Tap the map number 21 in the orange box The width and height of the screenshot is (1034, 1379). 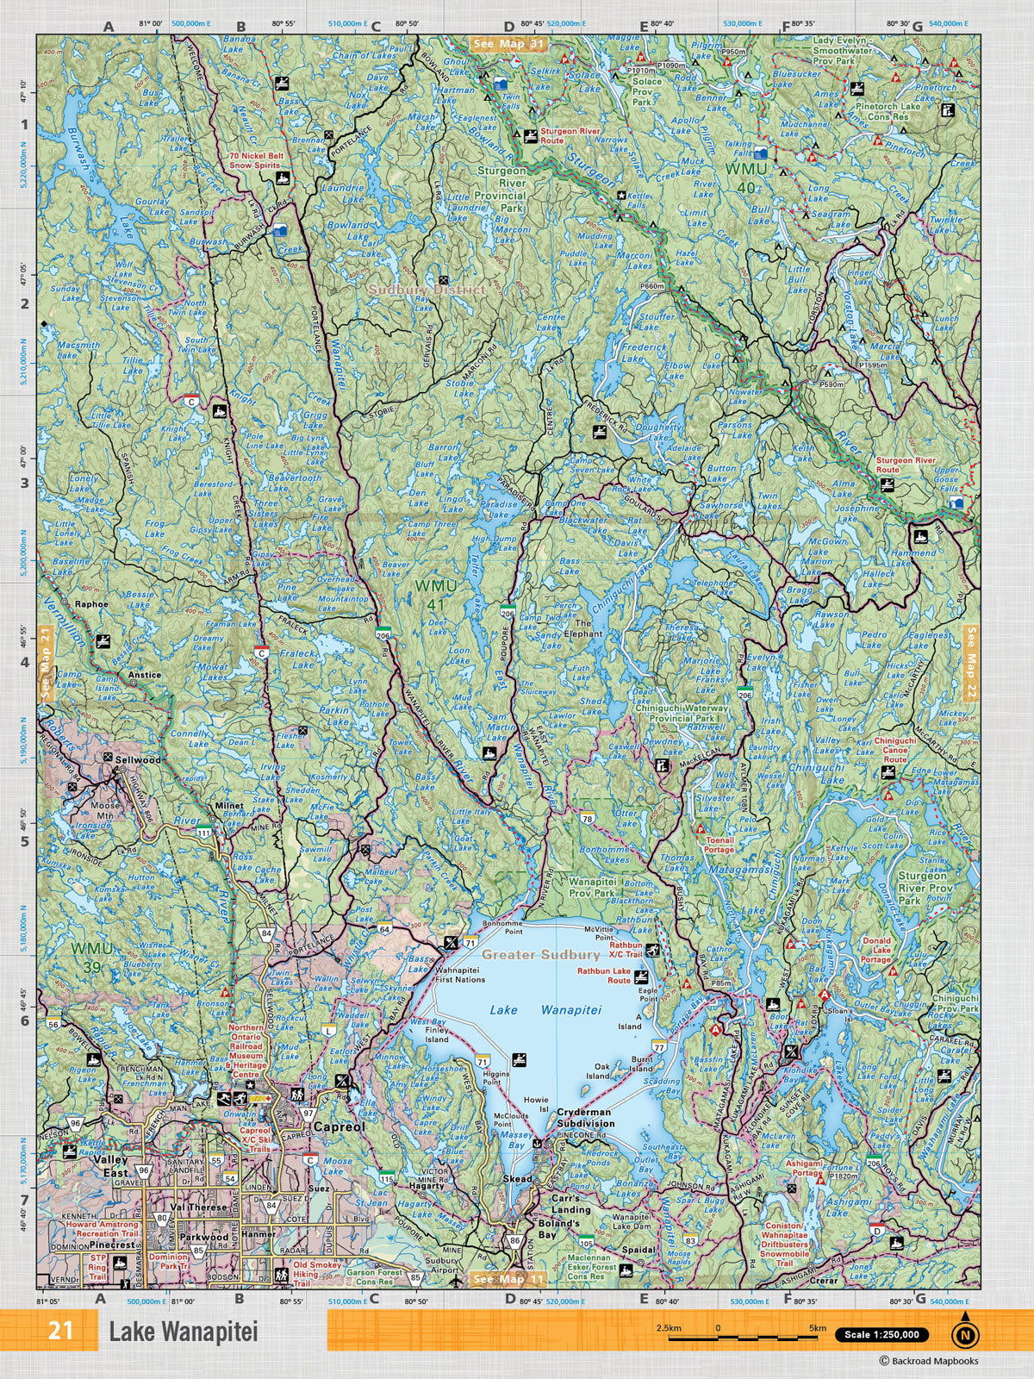[x=60, y=1332]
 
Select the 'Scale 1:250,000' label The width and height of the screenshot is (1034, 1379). [x=881, y=1335]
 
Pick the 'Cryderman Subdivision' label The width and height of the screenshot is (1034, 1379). [x=586, y=1118]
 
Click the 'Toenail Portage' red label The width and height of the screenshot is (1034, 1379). [x=719, y=844]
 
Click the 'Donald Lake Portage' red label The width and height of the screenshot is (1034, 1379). [x=876, y=950]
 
